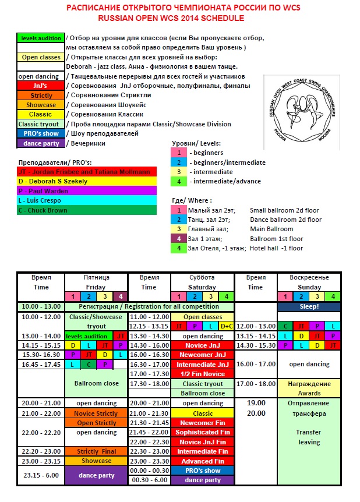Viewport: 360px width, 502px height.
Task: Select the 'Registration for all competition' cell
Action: click(150, 306)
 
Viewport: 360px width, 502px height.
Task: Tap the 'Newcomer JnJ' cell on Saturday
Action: click(202, 354)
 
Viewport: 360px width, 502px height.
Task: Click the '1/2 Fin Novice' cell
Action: click(202, 374)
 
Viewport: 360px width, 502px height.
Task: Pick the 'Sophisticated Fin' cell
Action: click(202, 432)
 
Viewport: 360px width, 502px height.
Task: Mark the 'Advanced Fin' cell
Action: click(202, 461)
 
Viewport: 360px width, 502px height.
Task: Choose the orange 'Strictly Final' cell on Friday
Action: click(96, 451)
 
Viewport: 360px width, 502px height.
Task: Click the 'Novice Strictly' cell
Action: click(96, 413)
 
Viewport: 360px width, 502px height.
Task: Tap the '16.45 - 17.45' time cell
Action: click(40, 365)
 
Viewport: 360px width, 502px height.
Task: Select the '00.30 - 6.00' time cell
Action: click(149, 480)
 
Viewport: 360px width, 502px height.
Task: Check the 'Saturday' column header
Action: click(202, 287)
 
